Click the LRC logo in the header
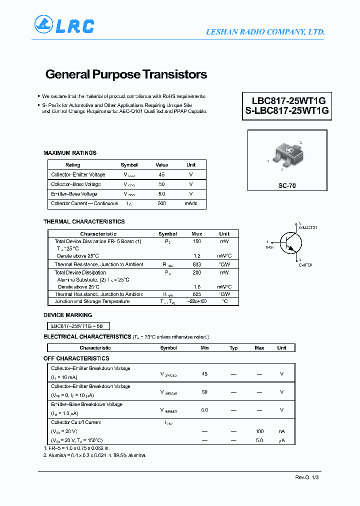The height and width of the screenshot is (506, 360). (64, 25)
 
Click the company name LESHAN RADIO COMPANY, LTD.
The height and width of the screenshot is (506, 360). (265, 32)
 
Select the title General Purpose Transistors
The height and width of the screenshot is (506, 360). (126, 74)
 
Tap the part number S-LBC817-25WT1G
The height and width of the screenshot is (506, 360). (287, 111)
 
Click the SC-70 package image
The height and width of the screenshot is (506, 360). (287, 155)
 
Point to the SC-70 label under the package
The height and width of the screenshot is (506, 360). (287, 185)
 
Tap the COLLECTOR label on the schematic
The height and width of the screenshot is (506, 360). (307, 227)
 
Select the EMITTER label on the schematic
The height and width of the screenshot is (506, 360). (305, 265)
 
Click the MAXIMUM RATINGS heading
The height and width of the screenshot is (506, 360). (70, 153)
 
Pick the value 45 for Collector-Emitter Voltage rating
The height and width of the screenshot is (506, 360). (161, 174)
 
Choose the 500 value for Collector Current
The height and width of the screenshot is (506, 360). (161, 203)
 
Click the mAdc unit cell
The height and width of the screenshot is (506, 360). (191, 203)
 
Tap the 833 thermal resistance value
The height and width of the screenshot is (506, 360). (196, 264)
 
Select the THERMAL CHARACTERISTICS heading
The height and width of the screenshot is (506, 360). (84, 221)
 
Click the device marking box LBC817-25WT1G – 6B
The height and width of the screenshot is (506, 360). (77, 325)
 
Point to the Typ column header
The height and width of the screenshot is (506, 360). (233, 348)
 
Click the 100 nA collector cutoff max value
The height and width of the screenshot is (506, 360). (259, 431)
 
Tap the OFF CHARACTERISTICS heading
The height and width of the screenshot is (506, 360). (76, 358)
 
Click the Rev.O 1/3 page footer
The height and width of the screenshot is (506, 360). (306, 477)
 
